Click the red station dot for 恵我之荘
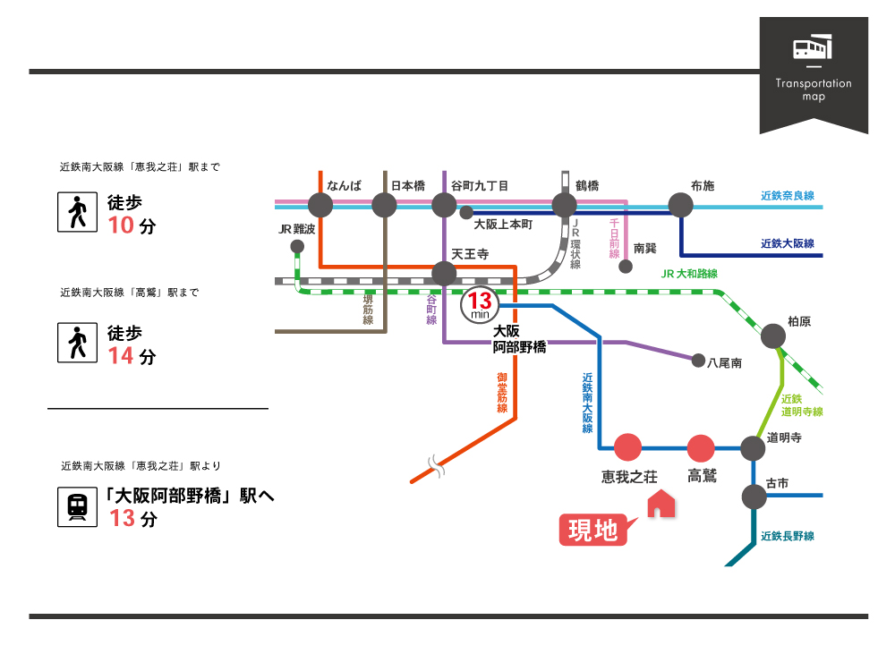[628, 447]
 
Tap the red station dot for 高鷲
[701, 448]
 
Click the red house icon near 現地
[661, 503]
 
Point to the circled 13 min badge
[480, 305]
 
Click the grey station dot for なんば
[320, 206]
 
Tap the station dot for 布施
[680, 206]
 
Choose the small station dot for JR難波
[297, 247]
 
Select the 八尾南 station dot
[698, 361]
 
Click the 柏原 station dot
[773, 336]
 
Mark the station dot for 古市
[754, 497]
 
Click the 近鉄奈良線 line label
[787, 196]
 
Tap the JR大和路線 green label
[689, 274]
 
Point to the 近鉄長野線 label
[787, 536]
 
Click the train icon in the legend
[77, 506]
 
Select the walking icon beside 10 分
[77, 212]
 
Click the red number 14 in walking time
[121, 356]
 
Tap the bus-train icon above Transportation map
[813, 47]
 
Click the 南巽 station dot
[626, 267]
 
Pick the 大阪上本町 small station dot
[466, 213]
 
